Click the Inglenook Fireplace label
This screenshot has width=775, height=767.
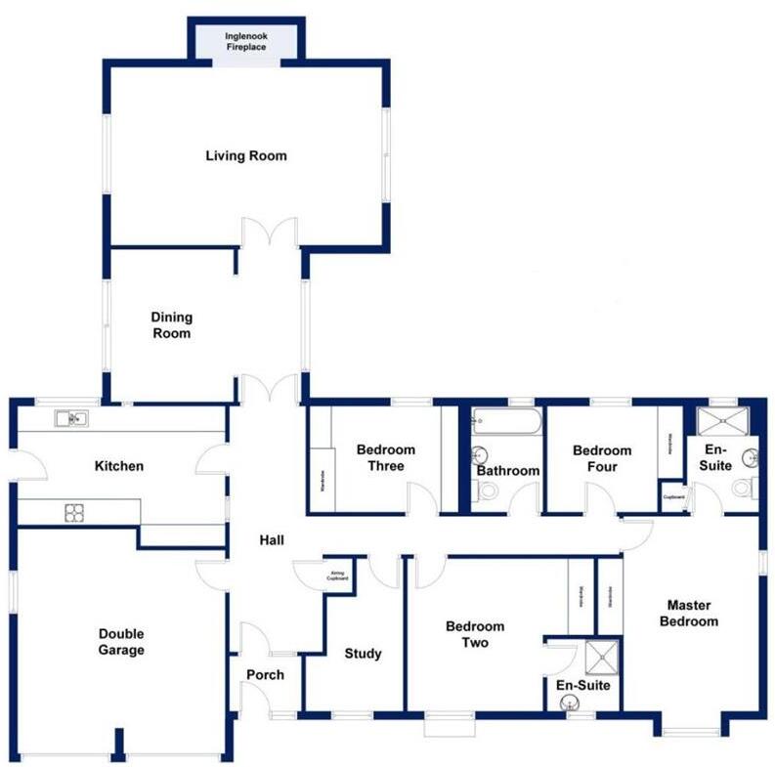pyautogui.click(x=245, y=41)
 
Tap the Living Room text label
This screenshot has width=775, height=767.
pyautogui.click(x=245, y=155)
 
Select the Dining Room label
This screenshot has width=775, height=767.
pyautogui.click(x=171, y=325)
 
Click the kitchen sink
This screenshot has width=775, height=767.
pyautogui.click(x=70, y=419)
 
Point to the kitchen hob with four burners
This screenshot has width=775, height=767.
pyautogui.click(x=75, y=511)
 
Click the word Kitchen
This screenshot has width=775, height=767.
pyautogui.click(x=118, y=466)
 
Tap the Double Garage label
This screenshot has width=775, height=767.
pyautogui.click(x=121, y=642)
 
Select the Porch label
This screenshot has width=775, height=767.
pyautogui.click(x=265, y=675)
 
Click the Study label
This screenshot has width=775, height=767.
pyautogui.click(x=363, y=654)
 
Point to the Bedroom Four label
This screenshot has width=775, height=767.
pyautogui.click(x=602, y=458)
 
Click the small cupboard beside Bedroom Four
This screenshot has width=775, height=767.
pyautogui.click(x=673, y=496)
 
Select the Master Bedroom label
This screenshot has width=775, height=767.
pyautogui.click(x=688, y=613)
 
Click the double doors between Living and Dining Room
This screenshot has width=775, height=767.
pyautogui.click(x=270, y=233)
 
